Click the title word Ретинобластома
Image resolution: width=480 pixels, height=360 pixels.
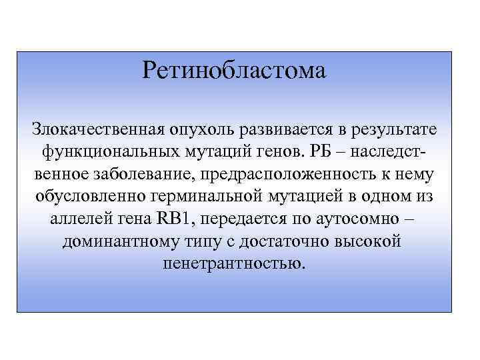(x=234, y=70)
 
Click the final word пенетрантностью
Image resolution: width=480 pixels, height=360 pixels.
(x=234, y=264)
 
